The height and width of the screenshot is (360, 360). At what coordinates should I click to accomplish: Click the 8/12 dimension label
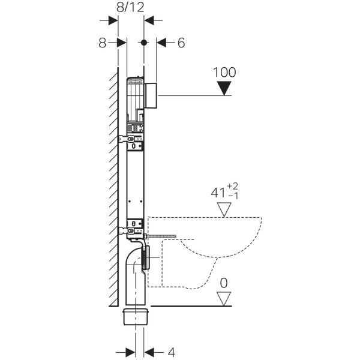click(131, 8)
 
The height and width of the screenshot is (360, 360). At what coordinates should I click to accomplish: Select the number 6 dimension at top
click(182, 43)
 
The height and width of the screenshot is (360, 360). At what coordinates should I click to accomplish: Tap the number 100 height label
click(225, 72)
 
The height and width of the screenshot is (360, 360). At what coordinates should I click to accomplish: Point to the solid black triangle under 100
click(225, 89)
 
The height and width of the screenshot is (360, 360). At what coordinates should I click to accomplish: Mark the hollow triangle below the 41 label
click(225, 209)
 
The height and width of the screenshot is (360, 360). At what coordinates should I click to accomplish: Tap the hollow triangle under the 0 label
click(225, 298)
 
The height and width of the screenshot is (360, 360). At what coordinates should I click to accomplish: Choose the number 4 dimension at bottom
click(170, 352)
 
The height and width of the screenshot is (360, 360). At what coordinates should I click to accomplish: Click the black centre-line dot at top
click(143, 43)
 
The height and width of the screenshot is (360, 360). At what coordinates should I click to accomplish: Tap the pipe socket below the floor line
click(136, 317)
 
